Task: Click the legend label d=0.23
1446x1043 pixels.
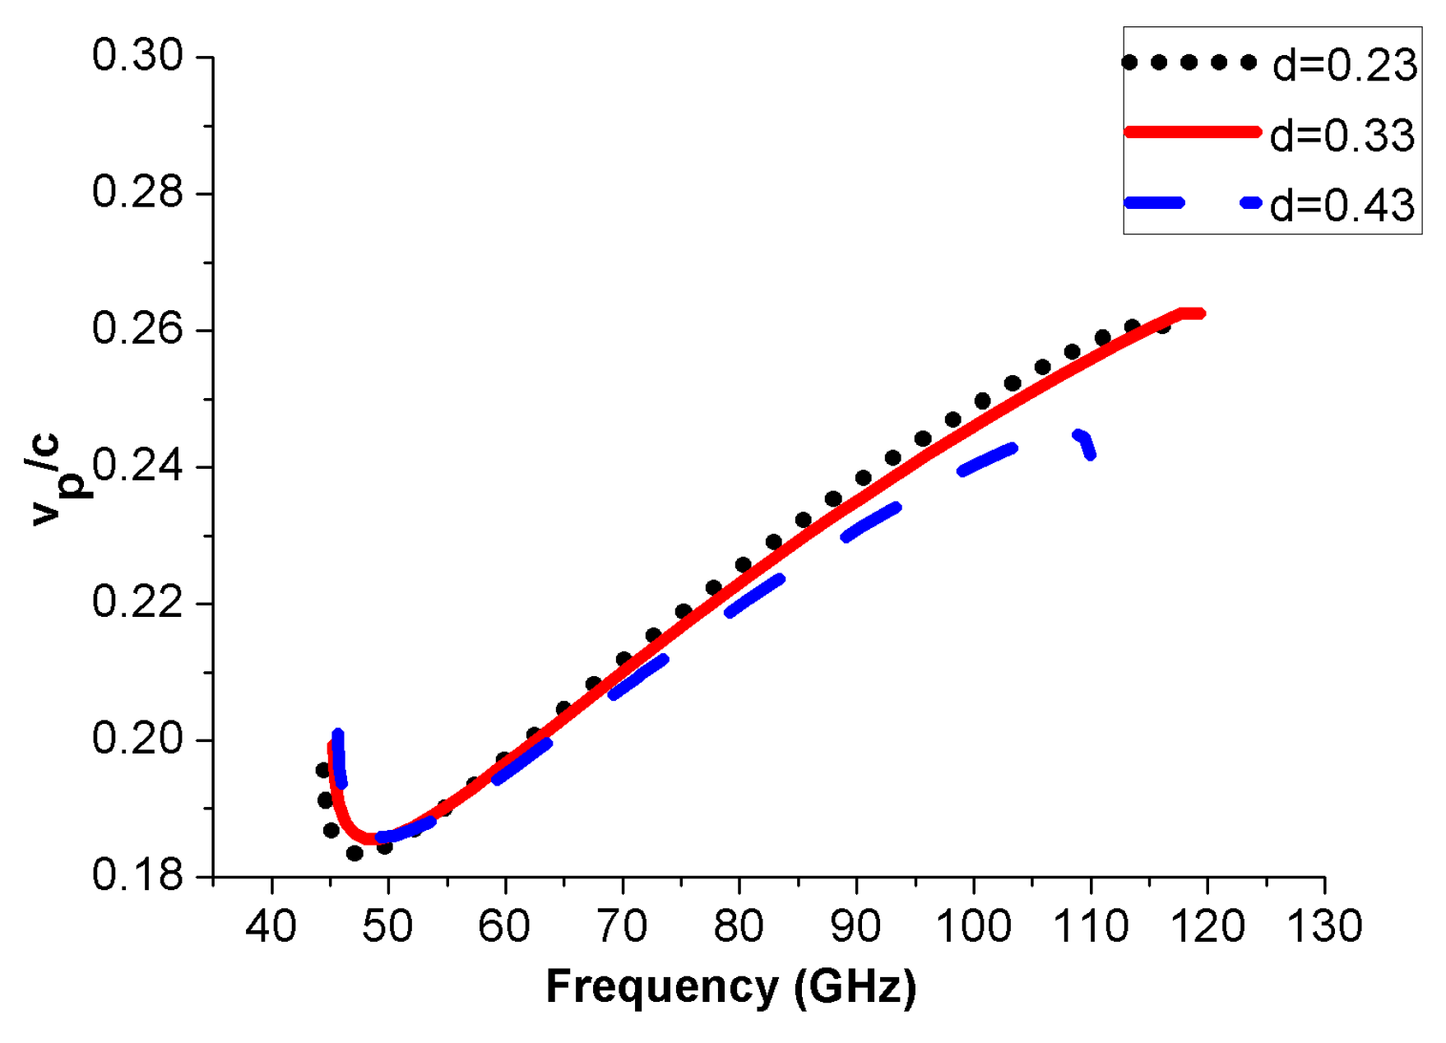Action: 1345,65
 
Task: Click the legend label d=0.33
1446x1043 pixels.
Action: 1342,135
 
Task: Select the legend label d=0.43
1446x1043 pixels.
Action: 1342,205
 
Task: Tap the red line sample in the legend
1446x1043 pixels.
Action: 1192,132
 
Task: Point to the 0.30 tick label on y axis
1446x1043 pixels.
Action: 137,57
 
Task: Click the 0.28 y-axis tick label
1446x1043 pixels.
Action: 137,193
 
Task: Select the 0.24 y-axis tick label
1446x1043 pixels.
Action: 137,466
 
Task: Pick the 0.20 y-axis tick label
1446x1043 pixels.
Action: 137,739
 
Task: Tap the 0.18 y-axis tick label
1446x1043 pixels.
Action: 137,875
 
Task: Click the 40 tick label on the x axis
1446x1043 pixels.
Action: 271,927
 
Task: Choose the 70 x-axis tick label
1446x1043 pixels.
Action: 622,927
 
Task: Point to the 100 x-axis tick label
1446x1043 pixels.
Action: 974,927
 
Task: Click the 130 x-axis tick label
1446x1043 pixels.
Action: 1324,927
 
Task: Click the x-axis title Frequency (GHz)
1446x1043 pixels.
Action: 730,986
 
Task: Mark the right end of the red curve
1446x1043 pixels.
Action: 1202,313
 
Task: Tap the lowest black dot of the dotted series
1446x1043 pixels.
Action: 355,854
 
